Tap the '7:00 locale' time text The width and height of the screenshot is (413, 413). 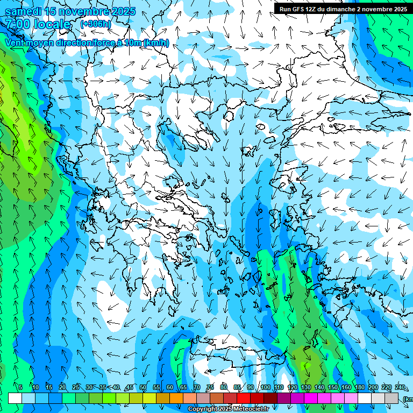coord(38,24)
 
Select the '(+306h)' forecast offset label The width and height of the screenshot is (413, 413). coord(96,24)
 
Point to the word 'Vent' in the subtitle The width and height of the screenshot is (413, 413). coord(16,42)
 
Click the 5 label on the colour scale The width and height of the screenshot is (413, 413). coord(20,387)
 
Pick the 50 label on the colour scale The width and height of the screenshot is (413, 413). coord(143,387)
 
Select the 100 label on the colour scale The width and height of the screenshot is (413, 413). coord(265,387)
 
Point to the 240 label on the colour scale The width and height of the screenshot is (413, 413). coord(400,387)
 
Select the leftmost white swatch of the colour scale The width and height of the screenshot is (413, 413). coord(15,398)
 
